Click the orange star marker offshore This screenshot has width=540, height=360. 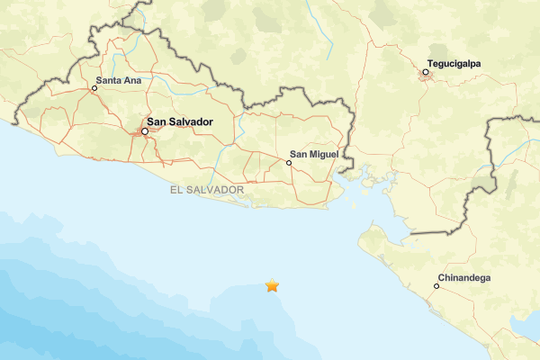click(x=272, y=286)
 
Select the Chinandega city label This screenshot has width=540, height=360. click(x=463, y=278)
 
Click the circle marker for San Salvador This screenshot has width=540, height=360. click(x=144, y=132)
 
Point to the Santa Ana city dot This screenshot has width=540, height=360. click(x=94, y=88)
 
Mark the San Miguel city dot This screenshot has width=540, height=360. click(x=289, y=163)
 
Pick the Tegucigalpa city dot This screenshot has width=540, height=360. click(x=426, y=72)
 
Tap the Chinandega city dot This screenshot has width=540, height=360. click(x=436, y=286)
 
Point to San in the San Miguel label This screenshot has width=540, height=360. click(x=301, y=155)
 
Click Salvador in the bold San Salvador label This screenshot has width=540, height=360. click(x=192, y=121)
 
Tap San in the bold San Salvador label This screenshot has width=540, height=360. click(x=157, y=121)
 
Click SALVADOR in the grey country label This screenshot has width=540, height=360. click(x=216, y=191)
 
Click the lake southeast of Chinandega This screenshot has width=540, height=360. click(x=524, y=324)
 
